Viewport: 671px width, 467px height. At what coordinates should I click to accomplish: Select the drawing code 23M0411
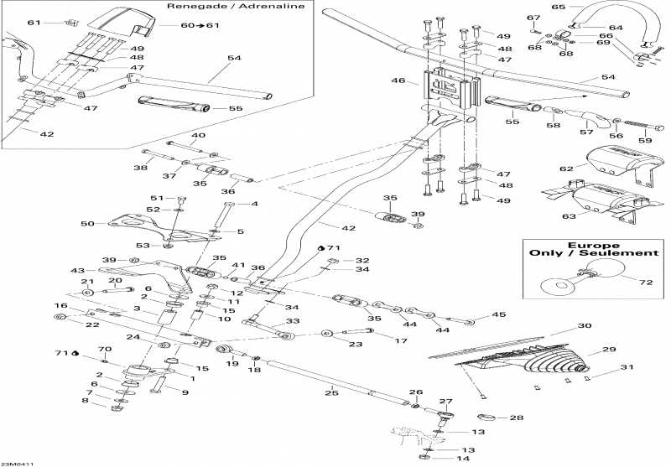[18, 462]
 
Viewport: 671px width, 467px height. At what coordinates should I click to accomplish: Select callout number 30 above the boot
[584, 326]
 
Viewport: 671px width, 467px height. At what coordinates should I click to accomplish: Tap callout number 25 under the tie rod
[330, 392]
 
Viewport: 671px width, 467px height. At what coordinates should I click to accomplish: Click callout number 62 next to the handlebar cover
[565, 168]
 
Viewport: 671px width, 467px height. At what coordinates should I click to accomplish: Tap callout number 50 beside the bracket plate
[88, 224]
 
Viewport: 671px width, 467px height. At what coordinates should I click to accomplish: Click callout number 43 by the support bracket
[78, 270]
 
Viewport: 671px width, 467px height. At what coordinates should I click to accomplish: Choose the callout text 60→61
[199, 25]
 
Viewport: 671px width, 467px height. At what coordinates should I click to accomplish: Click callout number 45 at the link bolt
[500, 315]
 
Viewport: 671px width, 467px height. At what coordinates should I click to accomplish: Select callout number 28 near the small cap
[516, 418]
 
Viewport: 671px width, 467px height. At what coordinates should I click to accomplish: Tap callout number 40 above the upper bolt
[198, 136]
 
